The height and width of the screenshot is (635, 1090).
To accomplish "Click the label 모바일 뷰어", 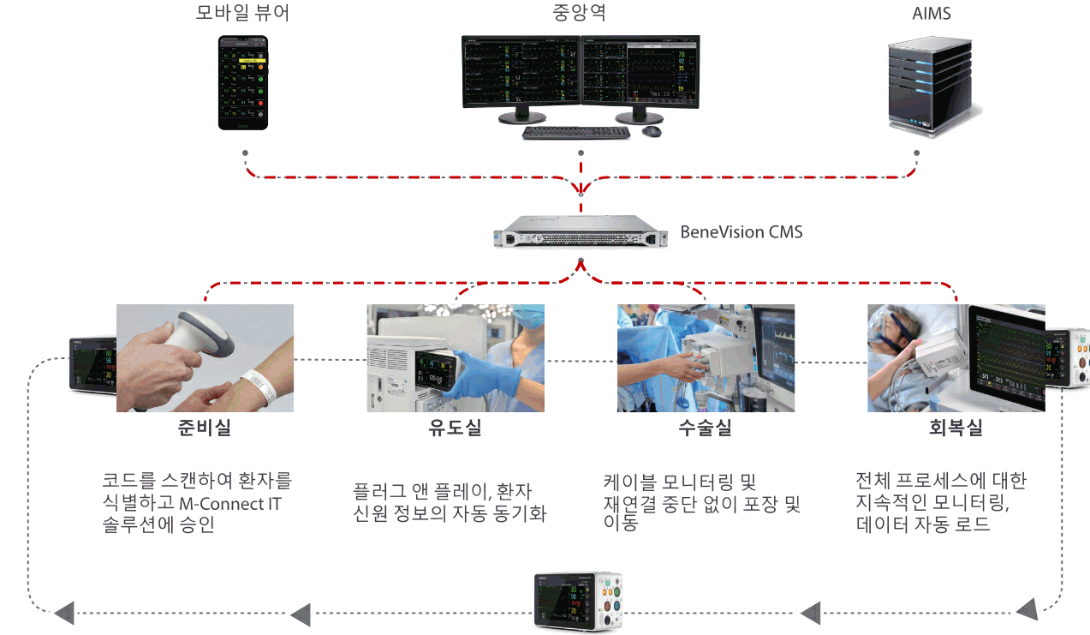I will tap(241, 15).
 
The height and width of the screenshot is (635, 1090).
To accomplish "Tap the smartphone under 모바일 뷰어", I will tap(243, 82).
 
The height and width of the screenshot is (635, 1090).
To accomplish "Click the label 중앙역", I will tap(580, 15).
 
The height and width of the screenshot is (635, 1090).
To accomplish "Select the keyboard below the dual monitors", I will tap(575, 133).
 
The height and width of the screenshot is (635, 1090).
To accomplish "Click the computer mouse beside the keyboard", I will tap(652, 131).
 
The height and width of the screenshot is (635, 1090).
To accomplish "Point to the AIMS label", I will tap(932, 15).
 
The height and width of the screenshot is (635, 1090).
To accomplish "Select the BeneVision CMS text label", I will tap(742, 231).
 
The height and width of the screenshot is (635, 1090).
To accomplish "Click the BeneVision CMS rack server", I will tap(581, 232).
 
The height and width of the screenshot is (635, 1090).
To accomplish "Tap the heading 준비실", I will tap(205, 428).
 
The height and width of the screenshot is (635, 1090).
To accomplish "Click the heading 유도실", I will tap(455, 428).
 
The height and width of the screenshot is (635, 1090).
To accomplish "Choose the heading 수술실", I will tap(705, 428).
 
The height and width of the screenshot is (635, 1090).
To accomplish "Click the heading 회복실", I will tap(956, 428).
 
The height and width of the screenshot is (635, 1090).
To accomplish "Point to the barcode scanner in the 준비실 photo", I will tap(201, 338).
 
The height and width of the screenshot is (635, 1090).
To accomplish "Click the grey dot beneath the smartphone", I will tap(246, 153).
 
